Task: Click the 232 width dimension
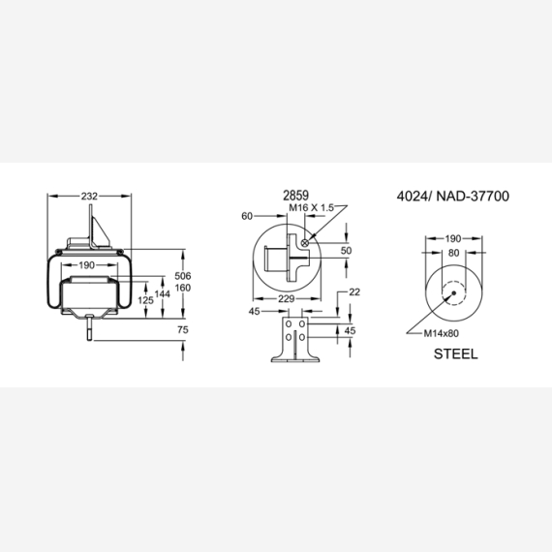click(89, 196)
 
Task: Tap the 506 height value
click(183, 276)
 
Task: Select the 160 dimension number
click(183, 288)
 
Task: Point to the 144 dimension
click(163, 293)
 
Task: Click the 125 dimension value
click(145, 300)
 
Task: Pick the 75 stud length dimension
click(183, 330)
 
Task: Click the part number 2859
click(295, 196)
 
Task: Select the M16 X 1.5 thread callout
click(311, 207)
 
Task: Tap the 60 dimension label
click(247, 216)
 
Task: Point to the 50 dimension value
click(346, 250)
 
